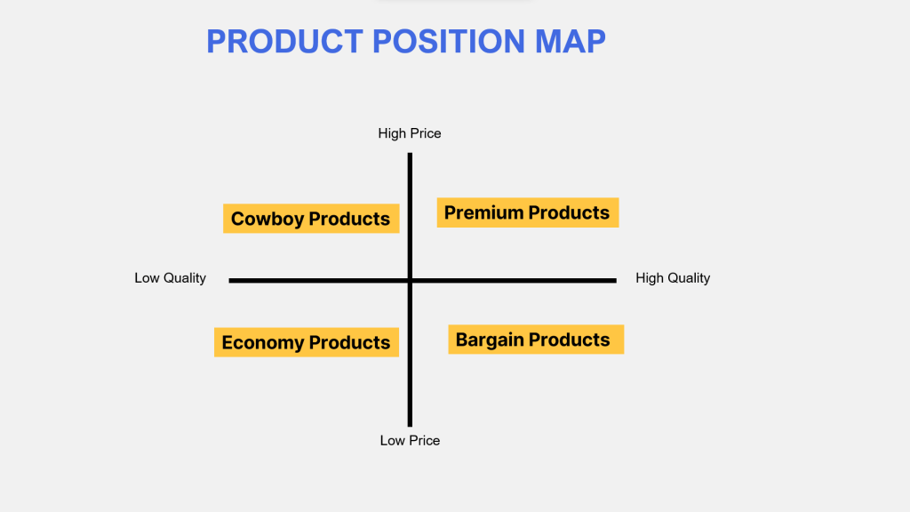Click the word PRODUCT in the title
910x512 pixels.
click(284, 41)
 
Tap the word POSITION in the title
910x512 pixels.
click(449, 41)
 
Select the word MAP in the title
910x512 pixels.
click(570, 41)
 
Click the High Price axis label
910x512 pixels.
click(410, 133)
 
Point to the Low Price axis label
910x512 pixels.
click(410, 441)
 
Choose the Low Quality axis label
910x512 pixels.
click(170, 278)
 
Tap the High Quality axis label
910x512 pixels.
click(673, 278)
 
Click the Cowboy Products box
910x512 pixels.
click(311, 219)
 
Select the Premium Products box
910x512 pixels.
click(528, 212)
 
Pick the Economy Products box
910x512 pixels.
click(307, 342)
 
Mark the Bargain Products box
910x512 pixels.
click(536, 339)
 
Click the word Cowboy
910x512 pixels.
click(267, 219)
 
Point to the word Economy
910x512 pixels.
click(263, 343)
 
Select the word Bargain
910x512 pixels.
click(490, 340)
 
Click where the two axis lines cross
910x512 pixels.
click(410, 280)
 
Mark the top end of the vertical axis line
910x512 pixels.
click(410, 153)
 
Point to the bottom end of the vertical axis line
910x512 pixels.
click(410, 426)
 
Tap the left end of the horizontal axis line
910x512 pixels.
click(230, 280)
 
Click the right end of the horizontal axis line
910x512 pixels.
click(616, 280)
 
